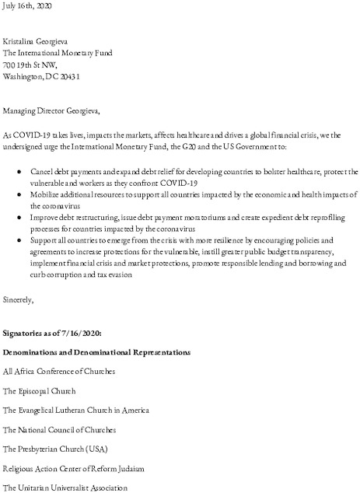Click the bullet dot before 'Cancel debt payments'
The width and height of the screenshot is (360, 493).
pyautogui.click(x=20, y=171)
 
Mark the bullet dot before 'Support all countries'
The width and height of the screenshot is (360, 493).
pyautogui.click(x=20, y=242)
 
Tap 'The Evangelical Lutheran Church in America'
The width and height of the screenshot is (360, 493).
pyautogui.click(x=75, y=411)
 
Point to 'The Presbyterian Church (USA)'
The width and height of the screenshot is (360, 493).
pyautogui.click(x=55, y=449)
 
